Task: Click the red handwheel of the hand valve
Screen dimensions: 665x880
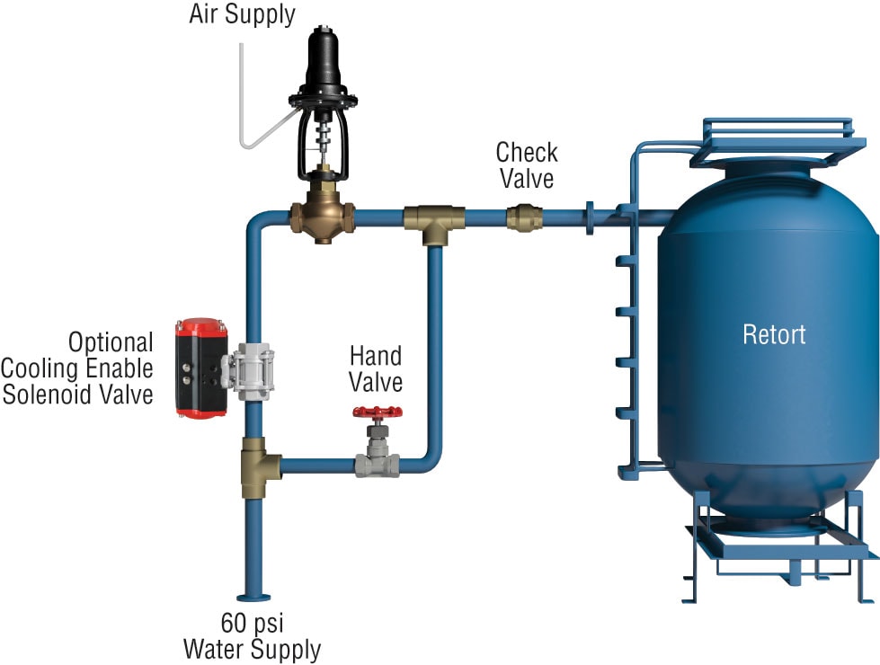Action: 377,413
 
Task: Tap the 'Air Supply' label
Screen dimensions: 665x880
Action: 241,15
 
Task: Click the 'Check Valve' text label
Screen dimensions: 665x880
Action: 527,164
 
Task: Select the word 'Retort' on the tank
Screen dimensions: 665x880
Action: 774,335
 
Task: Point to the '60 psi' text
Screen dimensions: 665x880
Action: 252,622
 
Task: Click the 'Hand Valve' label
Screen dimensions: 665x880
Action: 376,368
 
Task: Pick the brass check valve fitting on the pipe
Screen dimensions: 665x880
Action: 523,217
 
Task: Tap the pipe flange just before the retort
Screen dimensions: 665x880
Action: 590,218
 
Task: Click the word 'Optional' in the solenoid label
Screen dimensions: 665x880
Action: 111,342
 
